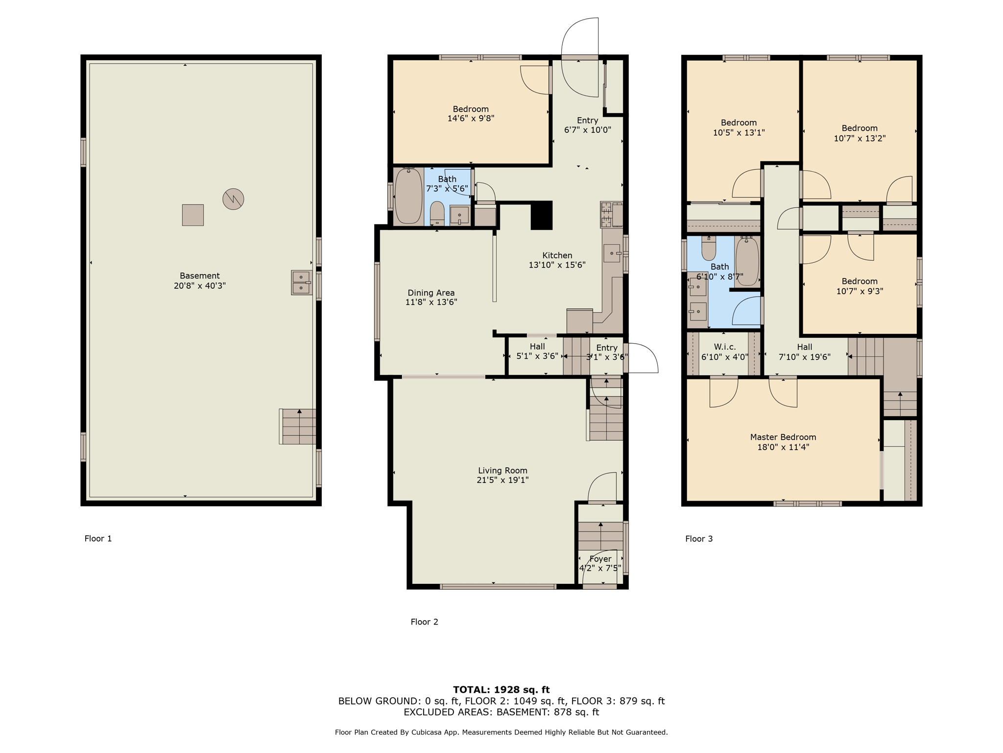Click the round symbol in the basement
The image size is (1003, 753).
coord(233,199)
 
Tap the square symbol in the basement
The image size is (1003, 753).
coord(193,215)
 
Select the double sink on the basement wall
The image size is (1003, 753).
coord(301,282)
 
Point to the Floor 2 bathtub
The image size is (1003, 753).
coord(408,196)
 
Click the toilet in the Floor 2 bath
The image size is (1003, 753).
coord(437,214)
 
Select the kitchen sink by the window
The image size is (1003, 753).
coord(611,253)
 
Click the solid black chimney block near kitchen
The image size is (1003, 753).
coord(542,215)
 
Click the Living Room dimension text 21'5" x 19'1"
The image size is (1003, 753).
coord(502,480)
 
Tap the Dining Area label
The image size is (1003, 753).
coord(431,293)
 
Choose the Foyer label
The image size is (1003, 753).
coord(600,559)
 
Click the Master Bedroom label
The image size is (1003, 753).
coord(783,437)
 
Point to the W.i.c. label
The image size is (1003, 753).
coord(725,347)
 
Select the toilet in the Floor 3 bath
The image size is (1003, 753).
coord(709,249)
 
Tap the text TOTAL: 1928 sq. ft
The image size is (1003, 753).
coord(501,690)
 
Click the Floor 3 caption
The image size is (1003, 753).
coord(699,539)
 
